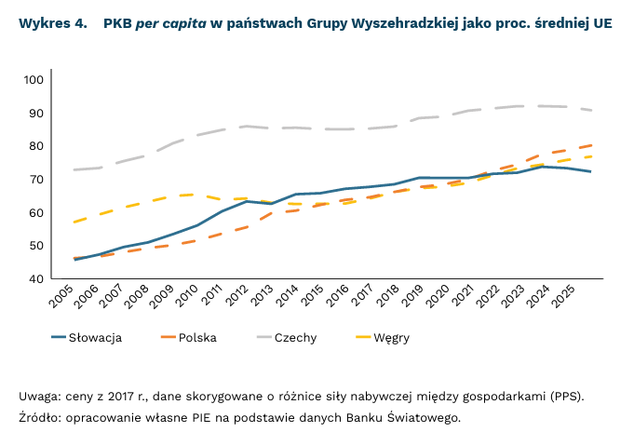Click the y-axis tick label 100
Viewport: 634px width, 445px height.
click(34, 80)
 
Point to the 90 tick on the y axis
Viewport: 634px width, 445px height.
click(36, 114)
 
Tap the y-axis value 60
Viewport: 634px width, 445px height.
click(36, 213)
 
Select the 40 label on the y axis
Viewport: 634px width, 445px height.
click(36, 279)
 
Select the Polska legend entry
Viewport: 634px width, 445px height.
click(197, 338)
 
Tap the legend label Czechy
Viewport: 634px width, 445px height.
click(295, 338)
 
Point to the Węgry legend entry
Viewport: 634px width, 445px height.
click(392, 338)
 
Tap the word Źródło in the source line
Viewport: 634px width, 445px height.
click(39, 417)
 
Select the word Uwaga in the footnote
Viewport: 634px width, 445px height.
click(40, 397)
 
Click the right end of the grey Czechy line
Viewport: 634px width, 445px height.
click(592, 110)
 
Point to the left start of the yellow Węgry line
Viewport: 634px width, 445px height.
click(74, 222)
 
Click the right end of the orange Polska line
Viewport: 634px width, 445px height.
click(592, 145)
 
